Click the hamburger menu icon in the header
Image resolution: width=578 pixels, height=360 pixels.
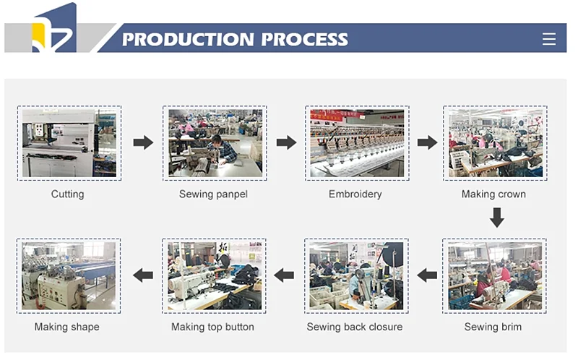click(x=549, y=39)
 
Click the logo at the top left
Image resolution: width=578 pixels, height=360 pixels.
click(x=54, y=29)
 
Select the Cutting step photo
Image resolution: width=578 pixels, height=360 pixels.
click(x=69, y=143)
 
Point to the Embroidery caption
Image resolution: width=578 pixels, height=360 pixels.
click(x=355, y=194)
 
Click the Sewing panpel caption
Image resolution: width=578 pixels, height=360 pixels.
click(x=213, y=194)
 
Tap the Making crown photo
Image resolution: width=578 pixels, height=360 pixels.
click(x=495, y=143)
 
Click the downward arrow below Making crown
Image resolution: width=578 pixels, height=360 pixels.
click(x=496, y=217)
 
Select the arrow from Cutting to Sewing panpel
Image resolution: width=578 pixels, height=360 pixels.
click(x=144, y=142)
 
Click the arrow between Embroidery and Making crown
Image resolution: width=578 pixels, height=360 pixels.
click(x=428, y=142)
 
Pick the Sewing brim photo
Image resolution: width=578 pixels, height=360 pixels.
click(x=494, y=275)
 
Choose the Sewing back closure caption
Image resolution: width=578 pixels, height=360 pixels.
click(x=355, y=327)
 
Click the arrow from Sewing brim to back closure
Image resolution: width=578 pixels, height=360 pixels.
click(x=427, y=275)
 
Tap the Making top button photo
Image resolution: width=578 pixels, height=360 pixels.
click(x=213, y=275)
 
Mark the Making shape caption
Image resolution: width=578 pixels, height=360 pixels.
click(x=67, y=327)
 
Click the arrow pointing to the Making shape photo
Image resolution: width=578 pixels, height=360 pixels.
click(x=143, y=275)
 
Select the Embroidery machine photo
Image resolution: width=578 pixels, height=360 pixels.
click(x=357, y=143)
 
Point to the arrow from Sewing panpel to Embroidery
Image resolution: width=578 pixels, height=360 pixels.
click(x=287, y=142)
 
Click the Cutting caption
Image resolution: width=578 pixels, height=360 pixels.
click(x=67, y=194)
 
